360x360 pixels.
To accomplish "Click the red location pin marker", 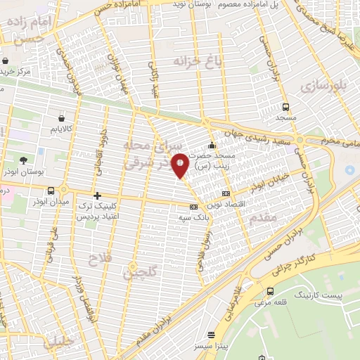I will pyautogui.click(x=181, y=165).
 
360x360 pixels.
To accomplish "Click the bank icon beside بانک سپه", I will pyautogui.click(x=193, y=207).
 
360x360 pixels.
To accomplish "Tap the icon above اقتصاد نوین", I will pyautogui.click(x=225, y=193).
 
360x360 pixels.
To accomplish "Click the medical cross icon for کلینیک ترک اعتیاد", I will pyautogui.click(x=97, y=195).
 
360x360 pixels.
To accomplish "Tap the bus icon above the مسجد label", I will pyautogui.click(x=285, y=107).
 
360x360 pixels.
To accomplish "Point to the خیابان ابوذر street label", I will pyautogui.click(x=273, y=181).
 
